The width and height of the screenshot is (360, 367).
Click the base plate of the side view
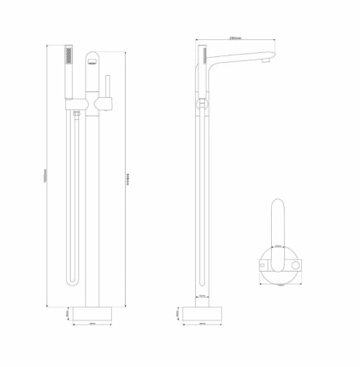pos(202,312)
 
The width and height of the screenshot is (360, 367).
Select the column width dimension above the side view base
pos(202,296)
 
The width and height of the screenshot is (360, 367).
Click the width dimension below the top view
pos(279,285)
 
